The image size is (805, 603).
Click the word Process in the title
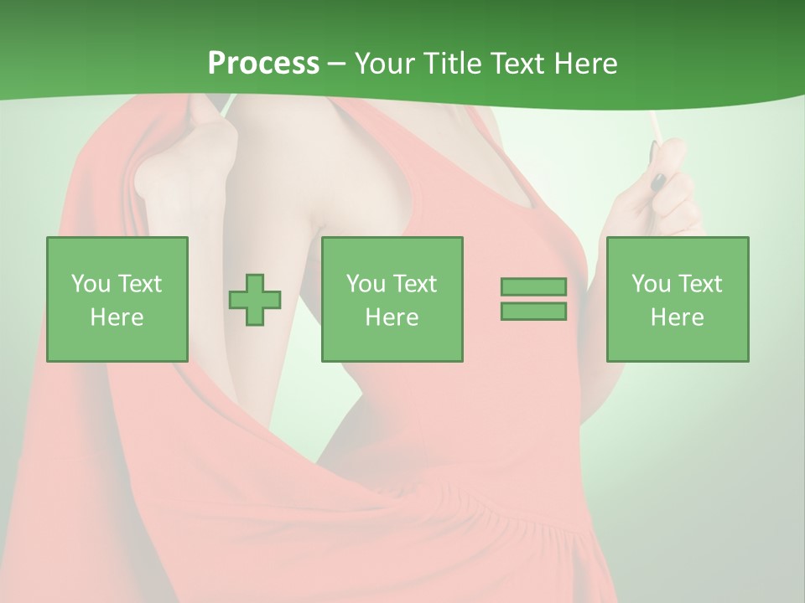[x=263, y=63]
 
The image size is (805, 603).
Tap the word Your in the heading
[x=384, y=63]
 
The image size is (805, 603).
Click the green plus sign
[x=255, y=299]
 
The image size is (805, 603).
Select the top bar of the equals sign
[x=533, y=286]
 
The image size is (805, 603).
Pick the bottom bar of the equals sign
[x=533, y=311]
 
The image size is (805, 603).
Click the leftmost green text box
[x=117, y=299]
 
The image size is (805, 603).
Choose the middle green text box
[x=392, y=299]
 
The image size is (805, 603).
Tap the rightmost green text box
[x=677, y=299]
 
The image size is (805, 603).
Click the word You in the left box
[x=90, y=284]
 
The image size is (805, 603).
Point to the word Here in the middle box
[x=392, y=317]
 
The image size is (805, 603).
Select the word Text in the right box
[x=699, y=284]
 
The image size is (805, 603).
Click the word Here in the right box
[x=677, y=317]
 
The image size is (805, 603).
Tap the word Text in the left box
[x=138, y=284]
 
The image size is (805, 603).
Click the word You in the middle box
[x=365, y=284]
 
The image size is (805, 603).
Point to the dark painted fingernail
[x=659, y=180]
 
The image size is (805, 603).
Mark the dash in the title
[x=336, y=64]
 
